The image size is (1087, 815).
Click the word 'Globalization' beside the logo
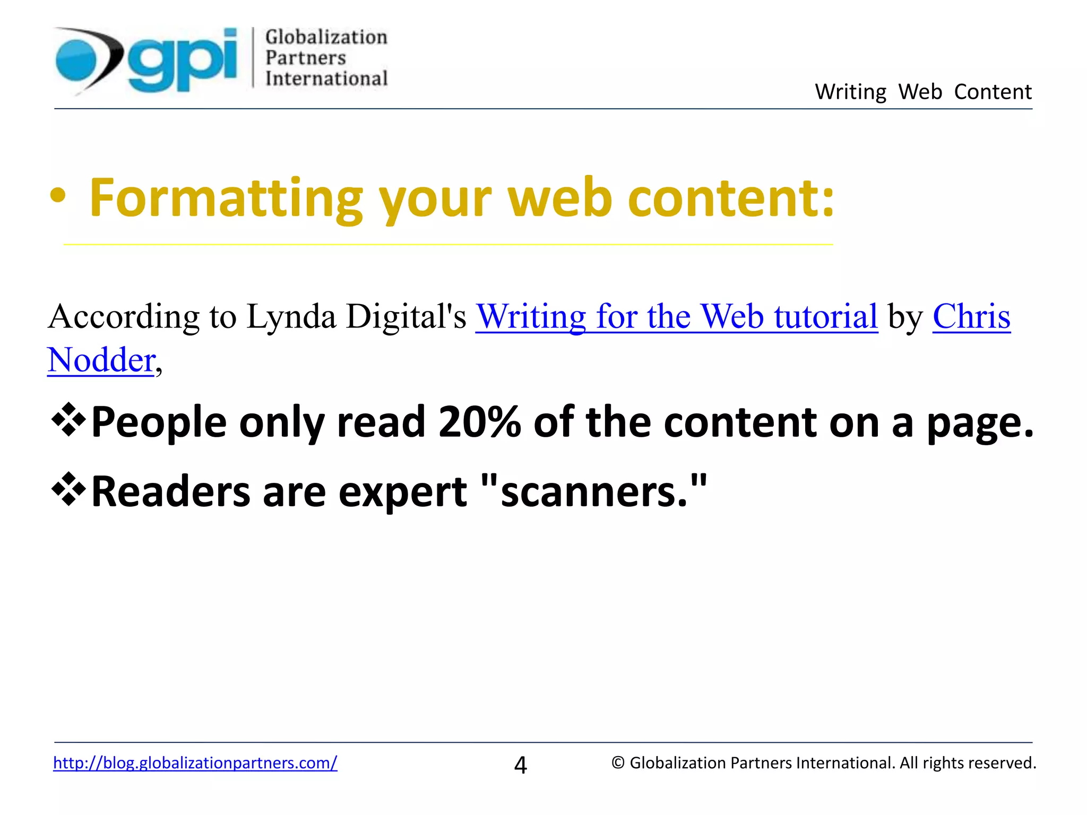coord(326,37)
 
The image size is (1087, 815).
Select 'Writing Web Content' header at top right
coord(923,92)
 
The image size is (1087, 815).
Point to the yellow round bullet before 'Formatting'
coord(58,197)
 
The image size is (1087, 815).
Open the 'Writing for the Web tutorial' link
coord(677,317)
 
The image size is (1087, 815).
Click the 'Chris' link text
coord(971,317)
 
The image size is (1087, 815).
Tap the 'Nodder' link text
coord(101,360)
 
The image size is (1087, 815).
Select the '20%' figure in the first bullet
coord(479,422)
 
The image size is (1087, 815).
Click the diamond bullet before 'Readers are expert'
coord(68,490)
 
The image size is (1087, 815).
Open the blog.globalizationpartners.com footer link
coord(195,763)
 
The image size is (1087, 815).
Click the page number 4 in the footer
coord(521,765)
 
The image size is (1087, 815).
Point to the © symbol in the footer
coord(618,763)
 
